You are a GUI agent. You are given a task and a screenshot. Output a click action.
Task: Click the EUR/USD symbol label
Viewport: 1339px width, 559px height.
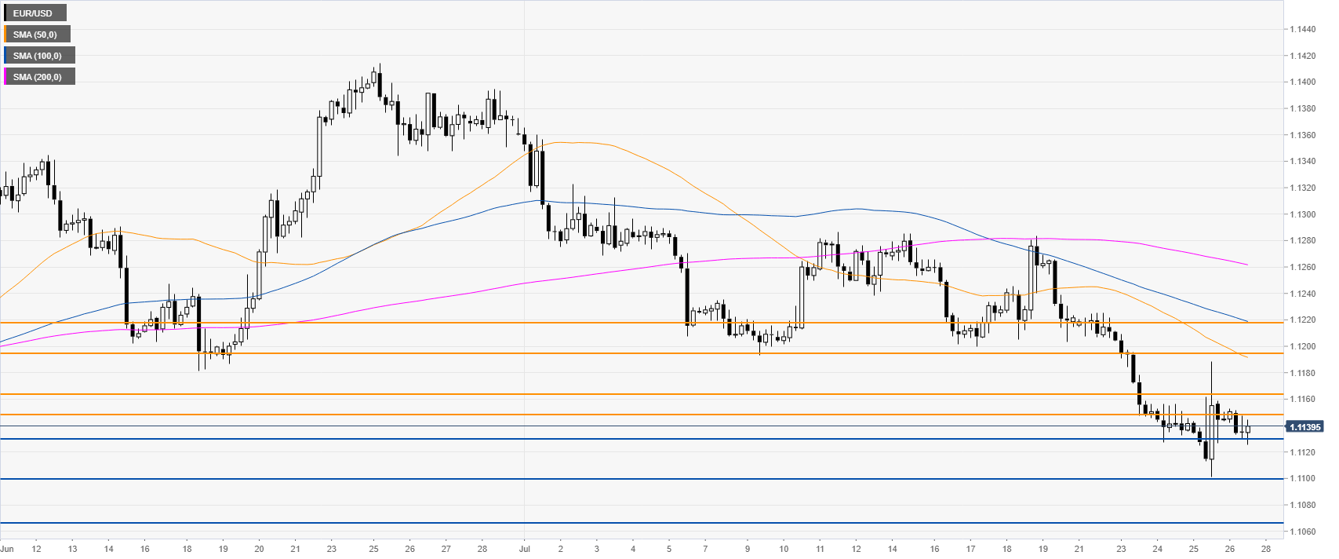coord(33,13)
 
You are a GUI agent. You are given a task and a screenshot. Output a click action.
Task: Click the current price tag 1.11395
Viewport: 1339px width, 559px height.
coord(1304,427)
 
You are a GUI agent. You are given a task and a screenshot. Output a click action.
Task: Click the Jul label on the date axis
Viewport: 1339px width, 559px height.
coord(524,549)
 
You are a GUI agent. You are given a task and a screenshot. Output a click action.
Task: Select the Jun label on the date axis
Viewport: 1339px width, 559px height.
coord(8,549)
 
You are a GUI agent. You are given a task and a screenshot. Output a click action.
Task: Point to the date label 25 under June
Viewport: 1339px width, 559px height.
coord(373,549)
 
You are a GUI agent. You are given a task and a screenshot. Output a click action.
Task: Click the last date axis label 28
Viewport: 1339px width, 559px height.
coord(1266,549)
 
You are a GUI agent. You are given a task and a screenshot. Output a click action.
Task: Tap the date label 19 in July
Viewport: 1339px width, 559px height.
coord(1043,549)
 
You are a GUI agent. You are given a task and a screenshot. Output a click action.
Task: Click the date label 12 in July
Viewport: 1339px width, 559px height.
coord(857,549)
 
